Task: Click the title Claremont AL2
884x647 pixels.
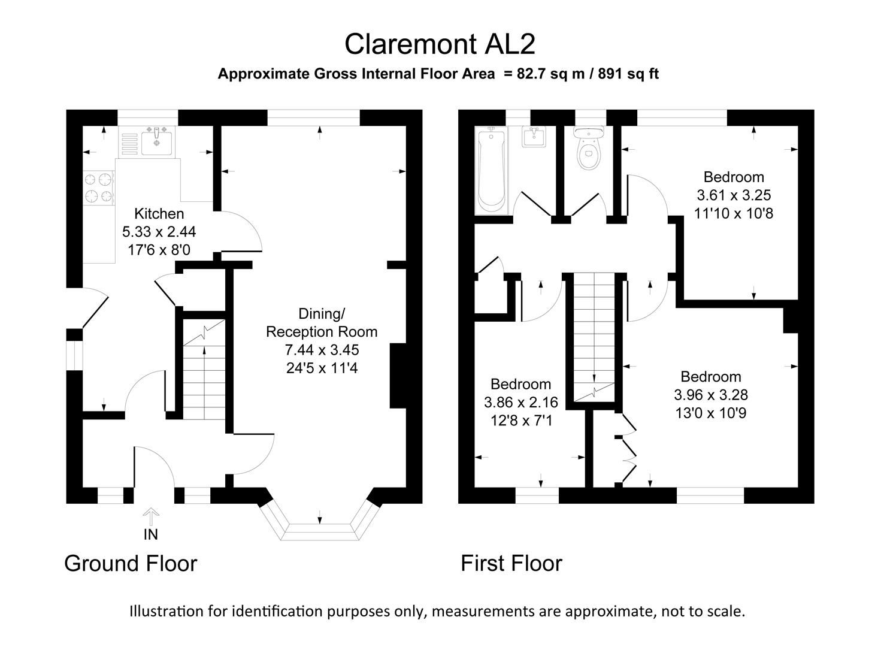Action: pyautogui.click(x=440, y=44)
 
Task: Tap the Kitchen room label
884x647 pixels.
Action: pyautogui.click(x=159, y=213)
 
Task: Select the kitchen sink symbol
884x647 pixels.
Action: pyautogui.click(x=157, y=142)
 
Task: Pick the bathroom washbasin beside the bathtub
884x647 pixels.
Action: pyautogui.click(x=532, y=137)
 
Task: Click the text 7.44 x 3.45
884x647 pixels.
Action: pyautogui.click(x=322, y=350)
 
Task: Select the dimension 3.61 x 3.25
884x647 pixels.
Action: pyautogui.click(x=734, y=195)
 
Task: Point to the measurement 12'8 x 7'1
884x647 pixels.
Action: pyautogui.click(x=521, y=421)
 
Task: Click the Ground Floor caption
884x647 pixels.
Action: pyautogui.click(x=131, y=564)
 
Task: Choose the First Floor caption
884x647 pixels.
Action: pyautogui.click(x=511, y=564)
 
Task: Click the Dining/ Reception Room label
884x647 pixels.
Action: pyautogui.click(x=322, y=322)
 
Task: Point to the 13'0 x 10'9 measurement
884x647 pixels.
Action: pyautogui.click(x=711, y=413)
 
